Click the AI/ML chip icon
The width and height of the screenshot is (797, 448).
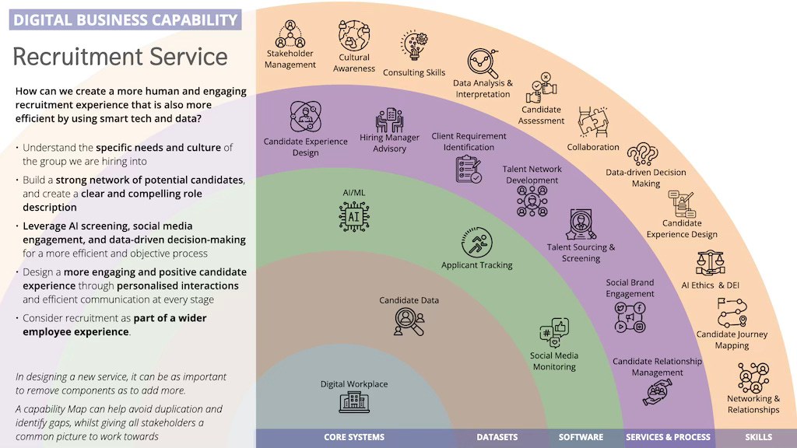click(353, 215)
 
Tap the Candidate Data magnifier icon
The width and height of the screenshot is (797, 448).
click(409, 321)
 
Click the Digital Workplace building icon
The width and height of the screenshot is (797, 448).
click(354, 401)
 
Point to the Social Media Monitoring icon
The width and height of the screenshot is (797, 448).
click(554, 333)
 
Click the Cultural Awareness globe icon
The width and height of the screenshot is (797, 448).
click(353, 35)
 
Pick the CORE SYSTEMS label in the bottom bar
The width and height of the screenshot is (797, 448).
click(354, 437)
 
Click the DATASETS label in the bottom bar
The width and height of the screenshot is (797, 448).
click(497, 437)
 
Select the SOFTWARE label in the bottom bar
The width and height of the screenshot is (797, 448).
click(581, 437)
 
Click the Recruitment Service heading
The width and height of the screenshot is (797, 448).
click(121, 57)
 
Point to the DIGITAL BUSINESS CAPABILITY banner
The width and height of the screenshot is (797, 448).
click(125, 19)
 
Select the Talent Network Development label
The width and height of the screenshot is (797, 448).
click(532, 174)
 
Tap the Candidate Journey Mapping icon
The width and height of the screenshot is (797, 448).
click(732, 314)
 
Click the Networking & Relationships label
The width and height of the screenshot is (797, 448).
click(753, 404)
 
